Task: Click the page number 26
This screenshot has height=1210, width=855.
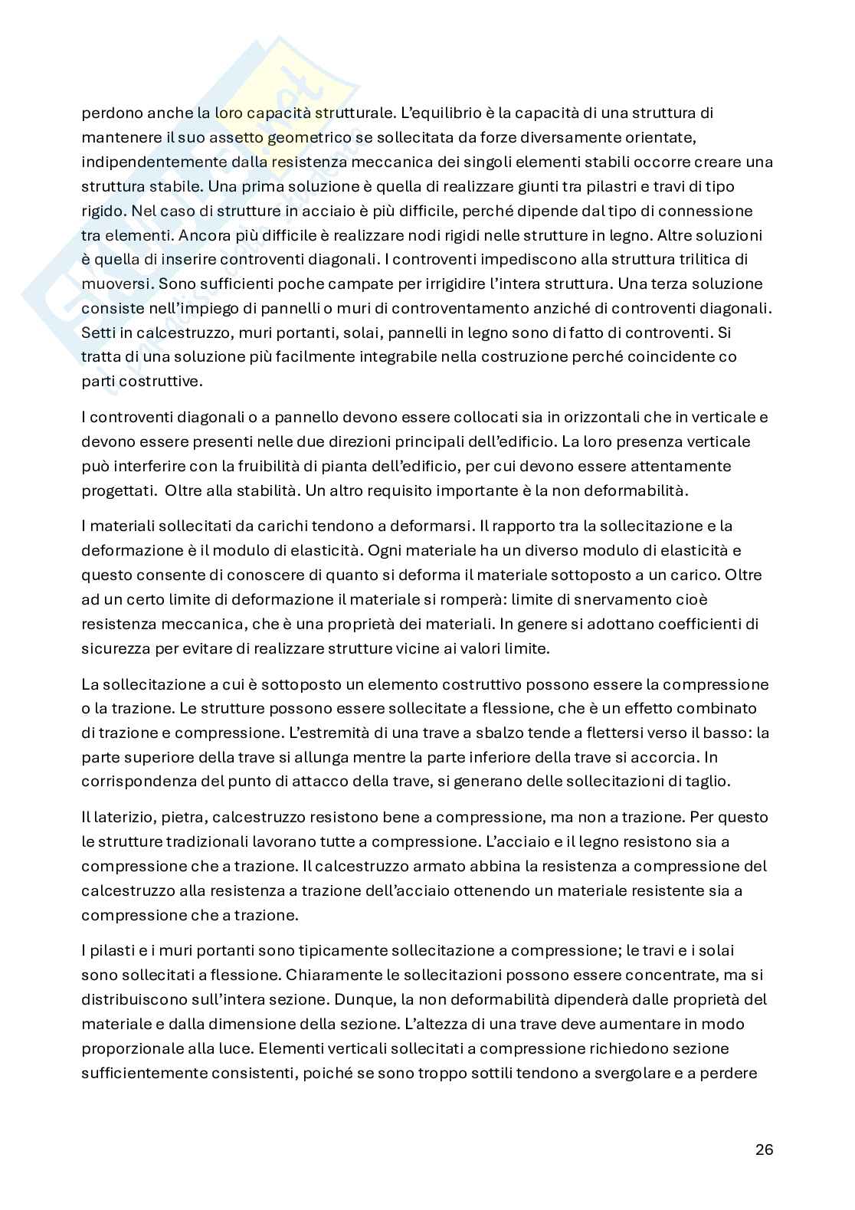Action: (764, 1149)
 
